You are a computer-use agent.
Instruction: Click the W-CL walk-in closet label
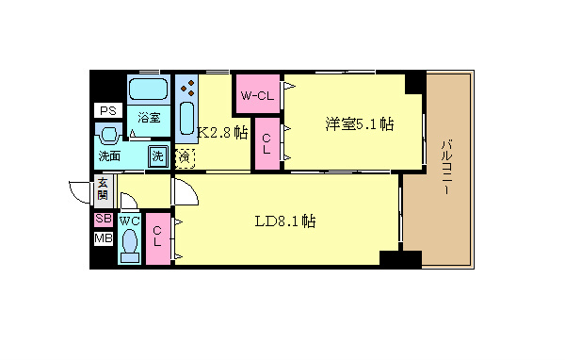pos(257,96)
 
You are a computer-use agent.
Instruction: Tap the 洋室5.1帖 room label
pos(360,124)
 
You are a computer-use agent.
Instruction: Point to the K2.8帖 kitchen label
pos(222,133)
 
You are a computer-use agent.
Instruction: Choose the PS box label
pos(105,110)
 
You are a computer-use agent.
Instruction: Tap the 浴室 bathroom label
pos(149,118)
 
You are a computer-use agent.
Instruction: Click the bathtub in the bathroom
pos(147,90)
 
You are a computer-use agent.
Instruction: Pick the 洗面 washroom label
pos(108,155)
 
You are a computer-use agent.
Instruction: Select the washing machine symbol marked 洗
pos(158,155)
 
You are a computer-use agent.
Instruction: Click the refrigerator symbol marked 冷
pos(185,157)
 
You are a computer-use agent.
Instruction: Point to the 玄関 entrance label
pos(102,188)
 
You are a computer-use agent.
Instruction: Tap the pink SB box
pos(103,220)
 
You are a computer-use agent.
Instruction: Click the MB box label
pos(103,238)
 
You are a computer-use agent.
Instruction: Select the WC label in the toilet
pos(130,221)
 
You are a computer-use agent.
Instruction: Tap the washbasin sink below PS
pos(108,133)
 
